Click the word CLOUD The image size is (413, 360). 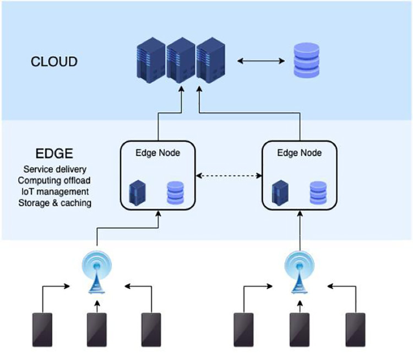(x=53, y=61)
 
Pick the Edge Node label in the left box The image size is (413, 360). (x=157, y=153)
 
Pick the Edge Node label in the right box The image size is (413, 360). (x=300, y=153)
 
